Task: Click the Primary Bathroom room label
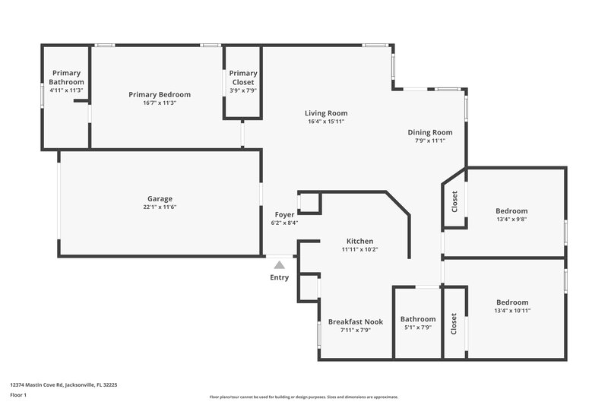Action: pyautogui.click(x=66, y=77)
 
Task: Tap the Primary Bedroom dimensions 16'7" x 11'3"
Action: pyautogui.click(x=159, y=103)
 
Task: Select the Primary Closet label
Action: pyautogui.click(x=243, y=77)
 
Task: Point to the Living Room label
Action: pyautogui.click(x=326, y=113)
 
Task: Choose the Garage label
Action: pyautogui.click(x=160, y=198)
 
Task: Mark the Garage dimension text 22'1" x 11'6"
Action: pyautogui.click(x=160, y=207)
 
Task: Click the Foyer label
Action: pyautogui.click(x=284, y=214)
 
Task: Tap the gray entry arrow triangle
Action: pyautogui.click(x=280, y=265)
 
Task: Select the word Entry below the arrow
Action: pyautogui.click(x=280, y=277)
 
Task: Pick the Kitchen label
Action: pyautogui.click(x=359, y=240)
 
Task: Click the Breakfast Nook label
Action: pyautogui.click(x=356, y=321)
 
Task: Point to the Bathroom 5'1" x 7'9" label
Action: pyautogui.click(x=418, y=319)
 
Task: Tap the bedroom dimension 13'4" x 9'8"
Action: pyautogui.click(x=511, y=220)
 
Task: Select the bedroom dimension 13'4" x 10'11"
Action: pyautogui.click(x=511, y=311)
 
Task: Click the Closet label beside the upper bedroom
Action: pyautogui.click(x=454, y=201)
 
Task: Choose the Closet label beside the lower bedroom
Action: pyautogui.click(x=454, y=324)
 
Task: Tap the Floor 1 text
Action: pyautogui.click(x=18, y=396)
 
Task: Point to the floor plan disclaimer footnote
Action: pyautogui.click(x=303, y=397)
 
